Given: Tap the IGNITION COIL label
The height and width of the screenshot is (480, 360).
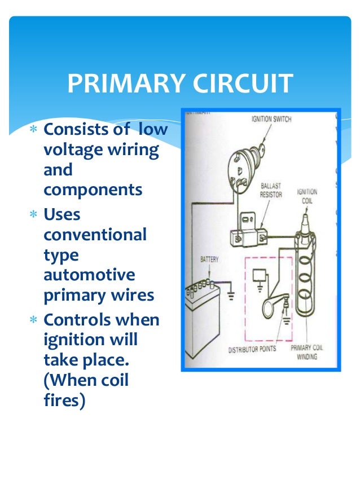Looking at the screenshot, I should (307, 196).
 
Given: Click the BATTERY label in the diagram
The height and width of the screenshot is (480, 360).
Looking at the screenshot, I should (209, 260).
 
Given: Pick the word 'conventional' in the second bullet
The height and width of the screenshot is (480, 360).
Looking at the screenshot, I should (94, 234).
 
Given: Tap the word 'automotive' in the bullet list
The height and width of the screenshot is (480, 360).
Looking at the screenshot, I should (89, 275).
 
